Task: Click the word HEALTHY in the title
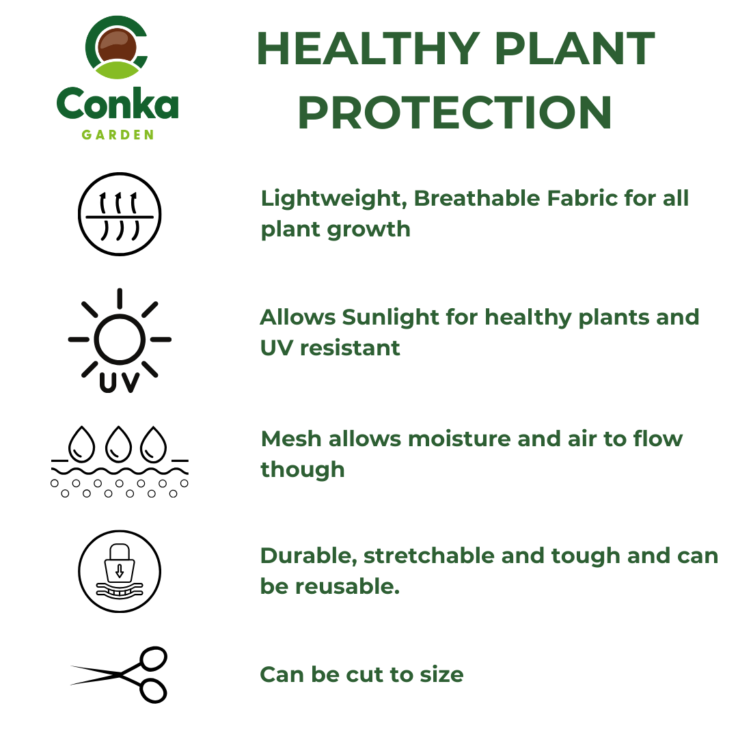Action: pos(367,49)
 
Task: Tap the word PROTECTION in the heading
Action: pos(454,113)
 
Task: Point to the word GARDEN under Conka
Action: pos(118,135)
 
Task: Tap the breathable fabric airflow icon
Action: pos(120,215)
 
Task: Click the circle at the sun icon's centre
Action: pos(120,339)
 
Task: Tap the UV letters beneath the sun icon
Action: pos(120,382)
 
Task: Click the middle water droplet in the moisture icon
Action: pos(120,443)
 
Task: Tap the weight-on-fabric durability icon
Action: pos(120,571)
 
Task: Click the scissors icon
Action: pos(120,674)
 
